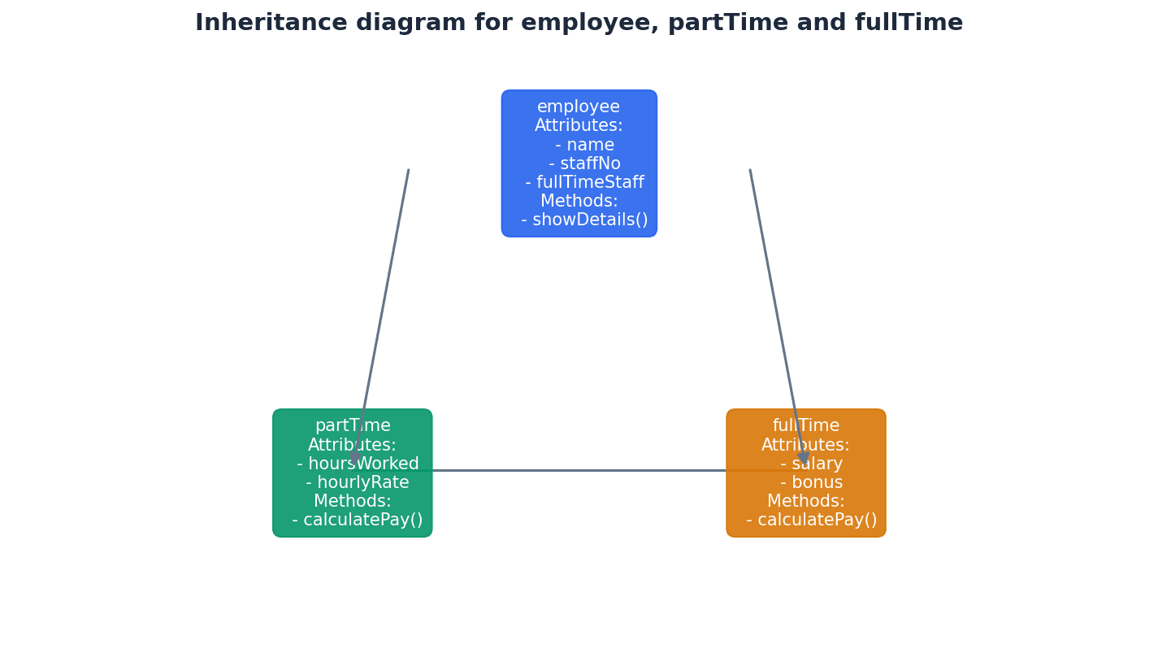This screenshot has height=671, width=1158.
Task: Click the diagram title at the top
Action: pyautogui.click(x=579, y=23)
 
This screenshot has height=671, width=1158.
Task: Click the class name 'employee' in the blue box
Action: pyautogui.click(x=579, y=107)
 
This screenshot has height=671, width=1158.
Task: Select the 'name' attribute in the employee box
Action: pyautogui.click(x=585, y=146)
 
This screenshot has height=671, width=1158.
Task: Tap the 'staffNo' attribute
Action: pyautogui.click(x=585, y=164)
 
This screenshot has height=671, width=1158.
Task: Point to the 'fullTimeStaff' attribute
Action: pyautogui.click(x=585, y=183)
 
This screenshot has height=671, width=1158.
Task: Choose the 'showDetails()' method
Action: pyautogui.click(x=585, y=220)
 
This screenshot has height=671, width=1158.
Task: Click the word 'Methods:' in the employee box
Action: pyautogui.click(x=579, y=202)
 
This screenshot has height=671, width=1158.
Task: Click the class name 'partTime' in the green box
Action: pyautogui.click(x=353, y=426)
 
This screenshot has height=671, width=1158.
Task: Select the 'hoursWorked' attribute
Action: pyautogui.click(x=358, y=464)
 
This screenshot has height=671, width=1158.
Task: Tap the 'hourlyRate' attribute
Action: pyautogui.click(x=358, y=483)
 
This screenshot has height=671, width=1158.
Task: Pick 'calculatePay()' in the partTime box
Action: pyautogui.click(x=358, y=521)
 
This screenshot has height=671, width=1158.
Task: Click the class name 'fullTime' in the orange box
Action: pyautogui.click(x=806, y=426)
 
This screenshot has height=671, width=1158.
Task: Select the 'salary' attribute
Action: pyautogui.click(x=811, y=464)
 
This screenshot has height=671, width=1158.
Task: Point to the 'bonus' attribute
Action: pyautogui.click(x=811, y=483)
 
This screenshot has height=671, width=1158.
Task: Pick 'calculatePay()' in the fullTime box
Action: pyautogui.click(x=811, y=521)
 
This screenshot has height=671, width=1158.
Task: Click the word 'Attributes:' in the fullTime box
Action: pyautogui.click(x=805, y=446)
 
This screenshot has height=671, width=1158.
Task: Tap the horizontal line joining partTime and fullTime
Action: pyautogui.click(x=579, y=470)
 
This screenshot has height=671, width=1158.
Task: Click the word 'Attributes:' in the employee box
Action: pyautogui.click(x=579, y=126)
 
